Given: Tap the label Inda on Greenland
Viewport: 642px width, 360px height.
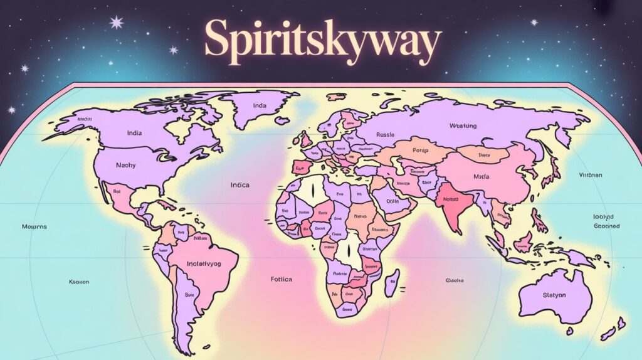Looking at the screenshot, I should click(260, 106).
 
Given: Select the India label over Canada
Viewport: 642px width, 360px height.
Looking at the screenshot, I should click(134, 133).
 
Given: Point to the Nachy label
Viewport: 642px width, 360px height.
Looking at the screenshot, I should click(126, 165).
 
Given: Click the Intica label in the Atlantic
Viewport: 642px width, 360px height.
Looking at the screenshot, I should click(239, 185).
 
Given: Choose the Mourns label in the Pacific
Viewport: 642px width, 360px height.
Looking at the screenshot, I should click(34, 226).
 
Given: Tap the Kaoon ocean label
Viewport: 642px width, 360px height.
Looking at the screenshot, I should click(79, 282).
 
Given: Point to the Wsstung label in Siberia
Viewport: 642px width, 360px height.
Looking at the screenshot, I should click(463, 126).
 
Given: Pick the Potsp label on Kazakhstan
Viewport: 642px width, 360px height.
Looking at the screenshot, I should click(420, 151).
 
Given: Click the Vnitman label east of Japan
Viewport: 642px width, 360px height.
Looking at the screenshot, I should click(590, 176).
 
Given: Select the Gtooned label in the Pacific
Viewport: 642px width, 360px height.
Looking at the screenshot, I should click(606, 226).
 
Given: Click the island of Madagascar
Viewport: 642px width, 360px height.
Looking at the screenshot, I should click(392, 282).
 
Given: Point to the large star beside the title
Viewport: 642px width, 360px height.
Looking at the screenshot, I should click(117, 23).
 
